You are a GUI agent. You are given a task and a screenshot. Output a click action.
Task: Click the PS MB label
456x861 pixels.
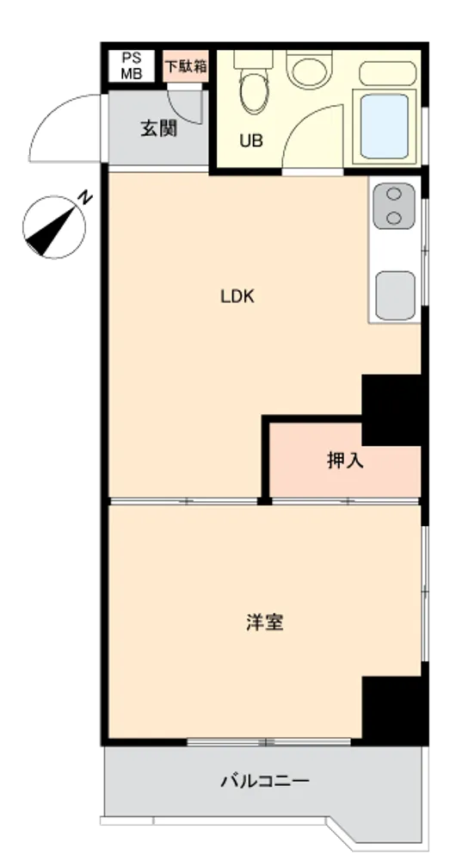pyautogui.click(x=131, y=66)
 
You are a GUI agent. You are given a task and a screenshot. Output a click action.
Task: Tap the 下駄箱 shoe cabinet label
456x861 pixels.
pyautogui.click(x=186, y=66)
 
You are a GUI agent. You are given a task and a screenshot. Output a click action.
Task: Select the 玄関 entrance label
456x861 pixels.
pyautogui.click(x=158, y=129)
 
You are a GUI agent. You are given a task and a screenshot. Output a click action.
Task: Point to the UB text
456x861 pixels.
pyautogui.click(x=250, y=141)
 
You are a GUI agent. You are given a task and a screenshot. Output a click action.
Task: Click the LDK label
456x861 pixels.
pyautogui.click(x=237, y=297)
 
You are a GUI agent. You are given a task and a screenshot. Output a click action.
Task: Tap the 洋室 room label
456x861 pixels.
pyautogui.click(x=264, y=623)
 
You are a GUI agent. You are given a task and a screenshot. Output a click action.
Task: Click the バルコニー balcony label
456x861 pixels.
pyautogui.click(x=265, y=780)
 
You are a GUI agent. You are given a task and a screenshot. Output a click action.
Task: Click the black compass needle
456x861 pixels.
pyautogui.click(x=51, y=230)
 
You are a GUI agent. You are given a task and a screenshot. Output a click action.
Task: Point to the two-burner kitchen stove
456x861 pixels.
pyautogui.click(x=393, y=206)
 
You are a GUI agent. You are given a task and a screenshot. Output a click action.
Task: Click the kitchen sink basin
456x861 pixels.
pyautogui.click(x=395, y=294)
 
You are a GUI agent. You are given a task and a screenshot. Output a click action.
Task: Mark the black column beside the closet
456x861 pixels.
pyautogui.click(x=391, y=410)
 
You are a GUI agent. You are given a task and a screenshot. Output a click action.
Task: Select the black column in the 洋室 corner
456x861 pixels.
pyautogui.click(x=391, y=709)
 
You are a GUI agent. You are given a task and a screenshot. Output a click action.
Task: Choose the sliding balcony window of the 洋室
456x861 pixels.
pyautogui.click(x=269, y=742)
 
